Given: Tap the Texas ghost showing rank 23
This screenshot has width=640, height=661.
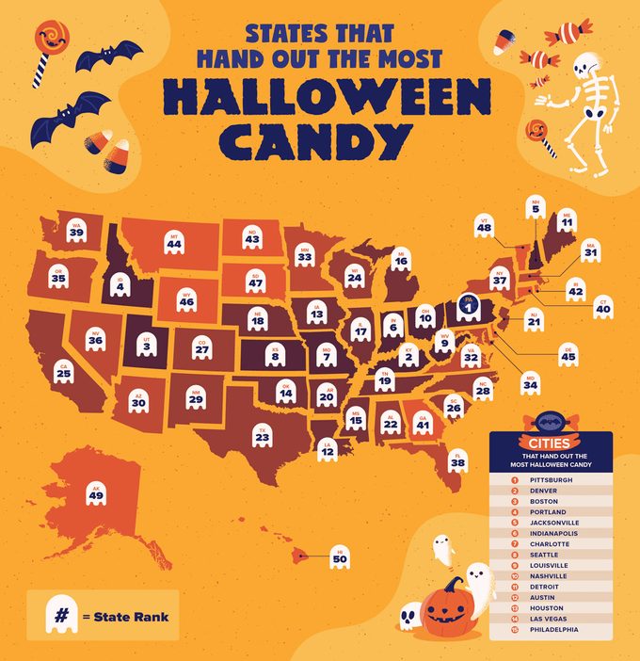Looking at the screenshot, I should pos(263,435).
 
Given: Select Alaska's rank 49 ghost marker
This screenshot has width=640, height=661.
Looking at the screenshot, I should pos(96,492).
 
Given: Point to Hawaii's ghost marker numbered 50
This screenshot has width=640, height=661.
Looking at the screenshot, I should pos(339,556).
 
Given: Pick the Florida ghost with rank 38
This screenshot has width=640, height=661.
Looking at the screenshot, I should pos(458,460).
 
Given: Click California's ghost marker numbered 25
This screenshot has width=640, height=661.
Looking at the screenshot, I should pos(63,371).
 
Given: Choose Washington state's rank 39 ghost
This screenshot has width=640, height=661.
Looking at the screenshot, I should pos(76,230).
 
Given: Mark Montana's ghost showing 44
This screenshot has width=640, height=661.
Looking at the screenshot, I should pos(173,242).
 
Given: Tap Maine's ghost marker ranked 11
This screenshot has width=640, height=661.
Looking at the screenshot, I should pos(566,220).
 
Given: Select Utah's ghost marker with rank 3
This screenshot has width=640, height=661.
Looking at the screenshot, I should pos(146,346).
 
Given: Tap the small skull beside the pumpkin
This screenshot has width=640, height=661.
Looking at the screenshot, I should pos(408,616).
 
